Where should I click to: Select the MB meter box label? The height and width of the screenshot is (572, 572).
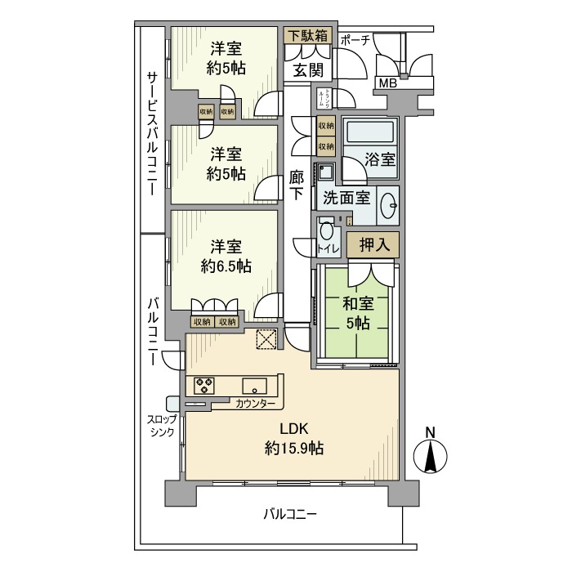tap(387, 83)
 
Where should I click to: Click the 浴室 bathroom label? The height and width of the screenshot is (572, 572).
tap(380, 159)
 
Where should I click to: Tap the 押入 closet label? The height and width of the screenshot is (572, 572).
tap(373, 244)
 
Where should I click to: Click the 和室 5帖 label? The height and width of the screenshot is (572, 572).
tap(358, 313)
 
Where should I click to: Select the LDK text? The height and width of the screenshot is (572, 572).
tap(292, 428)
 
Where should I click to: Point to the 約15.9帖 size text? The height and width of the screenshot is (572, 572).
tap(293, 448)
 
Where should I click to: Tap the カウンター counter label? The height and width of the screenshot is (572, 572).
tap(254, 404)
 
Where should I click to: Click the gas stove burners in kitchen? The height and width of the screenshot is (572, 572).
tap(204, 385)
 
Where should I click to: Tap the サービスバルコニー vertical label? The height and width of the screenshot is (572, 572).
tap(152, 132)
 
